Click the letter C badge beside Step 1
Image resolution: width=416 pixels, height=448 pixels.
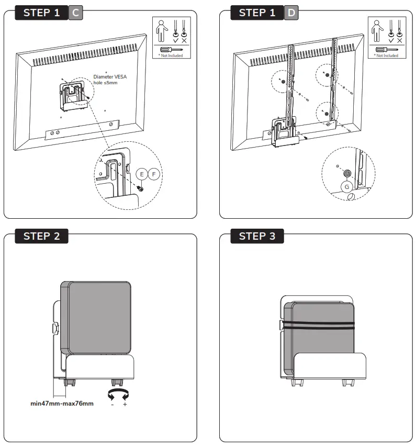[75, 13]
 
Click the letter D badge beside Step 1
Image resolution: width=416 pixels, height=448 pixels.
[291, 13]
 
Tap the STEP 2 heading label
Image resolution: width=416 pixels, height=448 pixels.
[42, 236]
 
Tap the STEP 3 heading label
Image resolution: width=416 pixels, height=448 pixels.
[257, 236]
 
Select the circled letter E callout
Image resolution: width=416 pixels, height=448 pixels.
[142, 174]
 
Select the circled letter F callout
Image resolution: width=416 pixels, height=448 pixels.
[154, 174]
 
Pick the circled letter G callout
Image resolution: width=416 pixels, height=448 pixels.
[346, 187]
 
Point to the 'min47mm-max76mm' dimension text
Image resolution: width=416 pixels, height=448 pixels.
[62, 404]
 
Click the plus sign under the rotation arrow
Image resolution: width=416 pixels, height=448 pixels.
[125, 405]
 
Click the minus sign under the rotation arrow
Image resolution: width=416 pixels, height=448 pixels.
[111, 405]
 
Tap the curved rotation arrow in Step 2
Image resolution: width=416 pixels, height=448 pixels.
[118, 394]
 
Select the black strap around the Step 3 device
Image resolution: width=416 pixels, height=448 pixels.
[319, 325]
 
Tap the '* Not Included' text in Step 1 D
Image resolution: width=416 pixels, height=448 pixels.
[386, 55]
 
